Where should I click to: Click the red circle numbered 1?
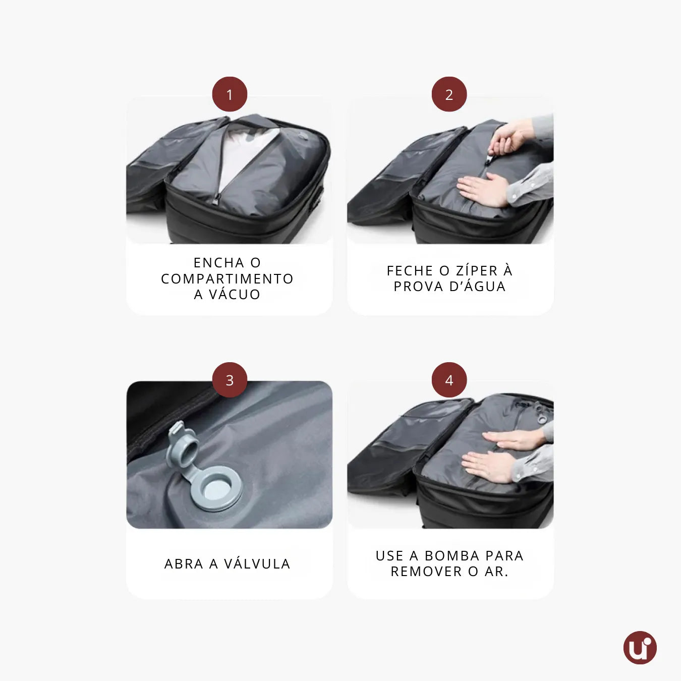pyautogui.click(x=230, y=94)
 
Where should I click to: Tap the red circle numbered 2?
pyautogui.click(x=449, y=94)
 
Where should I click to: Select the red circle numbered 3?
pyautogui.click(x=230, y=380)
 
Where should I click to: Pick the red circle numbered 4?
pyautogui.click(x=449, y=380)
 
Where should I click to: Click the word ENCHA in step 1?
pyautogui.click(x=219, y=263)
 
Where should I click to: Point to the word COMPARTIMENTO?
pyautogui.click(x=227, y=278)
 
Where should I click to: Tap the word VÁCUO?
pyautogui.click(x=234, y=294)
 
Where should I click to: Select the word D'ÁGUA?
pyautogui.click(x=477, y=286)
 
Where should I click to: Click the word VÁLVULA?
pyautogui.click(x=257, y=563)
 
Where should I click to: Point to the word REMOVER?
pyautogui.click(x=426, y=572)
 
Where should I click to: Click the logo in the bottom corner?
pyautogui.click(x=640, y=648)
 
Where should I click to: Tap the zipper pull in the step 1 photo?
pyautogui.click(x=215, y=200)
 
